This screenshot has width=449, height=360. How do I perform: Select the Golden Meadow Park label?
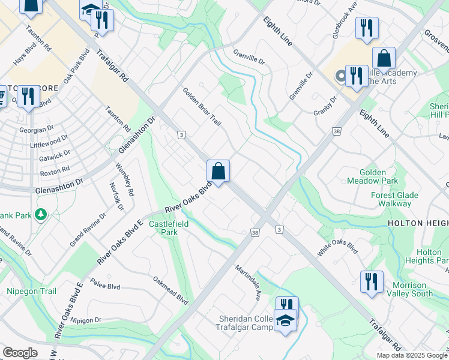tap(372, 176)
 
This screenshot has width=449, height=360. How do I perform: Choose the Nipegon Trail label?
tap(31, 292)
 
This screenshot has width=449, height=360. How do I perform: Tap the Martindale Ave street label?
tap(248, 282)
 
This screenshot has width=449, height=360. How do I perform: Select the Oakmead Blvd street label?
tap(170, 290)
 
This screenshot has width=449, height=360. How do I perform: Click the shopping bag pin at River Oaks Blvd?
tap(218, 171)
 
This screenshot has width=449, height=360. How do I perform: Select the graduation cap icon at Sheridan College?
tap(285, 320)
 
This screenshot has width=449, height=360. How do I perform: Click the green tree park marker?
tap(41, 214)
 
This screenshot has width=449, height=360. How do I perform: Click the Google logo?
tap(20, 353)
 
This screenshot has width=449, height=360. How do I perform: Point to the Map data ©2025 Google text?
tap(412, 355)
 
